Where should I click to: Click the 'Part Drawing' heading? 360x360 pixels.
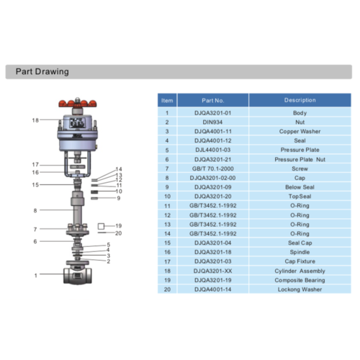42,72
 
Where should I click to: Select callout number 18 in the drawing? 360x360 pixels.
35,120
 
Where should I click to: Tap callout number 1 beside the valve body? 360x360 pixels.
35,275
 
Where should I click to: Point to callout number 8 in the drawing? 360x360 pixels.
35,210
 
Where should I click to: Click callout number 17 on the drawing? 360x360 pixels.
35,165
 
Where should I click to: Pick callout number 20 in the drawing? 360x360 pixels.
119,233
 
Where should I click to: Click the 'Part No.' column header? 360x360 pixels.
213,101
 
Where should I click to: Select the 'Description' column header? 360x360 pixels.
300,101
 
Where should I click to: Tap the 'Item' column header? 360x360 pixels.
167,101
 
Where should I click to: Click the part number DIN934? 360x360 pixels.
213,122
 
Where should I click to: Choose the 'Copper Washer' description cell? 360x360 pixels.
300,132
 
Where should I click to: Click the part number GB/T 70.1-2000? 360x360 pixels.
213,168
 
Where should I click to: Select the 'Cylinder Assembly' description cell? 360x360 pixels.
300,270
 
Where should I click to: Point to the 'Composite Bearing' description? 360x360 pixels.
300,279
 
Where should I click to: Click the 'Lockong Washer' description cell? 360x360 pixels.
300,289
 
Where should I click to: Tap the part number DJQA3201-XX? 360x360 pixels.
213,270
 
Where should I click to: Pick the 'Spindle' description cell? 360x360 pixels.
300,251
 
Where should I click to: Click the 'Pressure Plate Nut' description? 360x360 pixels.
300,158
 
